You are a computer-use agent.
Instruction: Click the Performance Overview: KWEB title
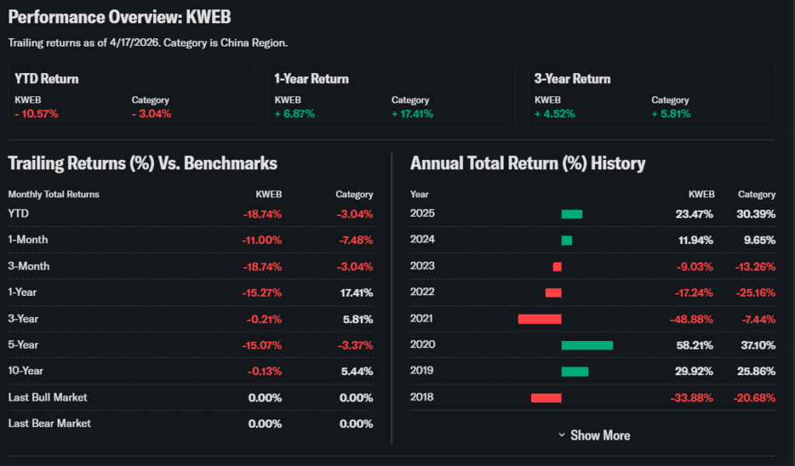120,17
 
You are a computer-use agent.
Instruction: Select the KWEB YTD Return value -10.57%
36,113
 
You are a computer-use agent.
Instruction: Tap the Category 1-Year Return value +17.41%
412,113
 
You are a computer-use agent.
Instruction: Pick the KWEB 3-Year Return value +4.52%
555,113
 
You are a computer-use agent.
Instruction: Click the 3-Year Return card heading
572,78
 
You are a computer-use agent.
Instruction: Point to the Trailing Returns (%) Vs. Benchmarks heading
142,163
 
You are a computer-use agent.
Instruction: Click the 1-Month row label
28,239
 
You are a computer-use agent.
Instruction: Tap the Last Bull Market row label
47,398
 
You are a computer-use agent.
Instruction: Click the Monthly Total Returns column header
54,194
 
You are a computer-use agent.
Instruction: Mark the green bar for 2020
587,345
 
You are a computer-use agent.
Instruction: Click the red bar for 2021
540,318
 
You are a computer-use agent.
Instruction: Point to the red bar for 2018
546,398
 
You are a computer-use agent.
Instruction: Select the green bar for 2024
567,240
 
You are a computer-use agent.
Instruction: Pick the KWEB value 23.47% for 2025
696,214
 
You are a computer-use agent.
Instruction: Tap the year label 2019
422,371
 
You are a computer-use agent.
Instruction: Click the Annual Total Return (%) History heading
528,163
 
